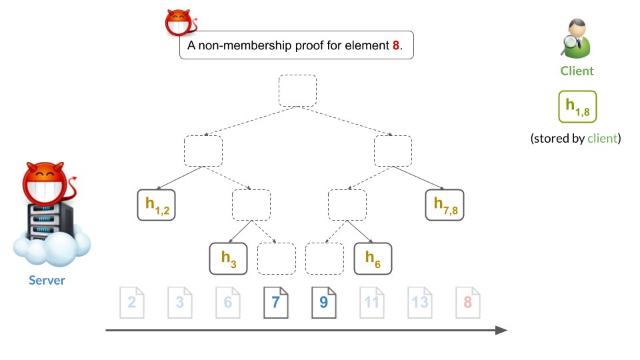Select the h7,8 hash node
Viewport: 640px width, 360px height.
coord(445,205)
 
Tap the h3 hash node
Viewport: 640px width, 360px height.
coord(229,259)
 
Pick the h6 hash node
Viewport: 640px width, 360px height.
coord(373,259)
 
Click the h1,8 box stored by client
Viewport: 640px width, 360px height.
coord(577,106)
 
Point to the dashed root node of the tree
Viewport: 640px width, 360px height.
coord(297,91)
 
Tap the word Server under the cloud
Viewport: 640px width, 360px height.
coord(47,280)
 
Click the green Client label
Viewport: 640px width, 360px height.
coord(577,71)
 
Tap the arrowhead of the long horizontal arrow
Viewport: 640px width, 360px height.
coord(501,330)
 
